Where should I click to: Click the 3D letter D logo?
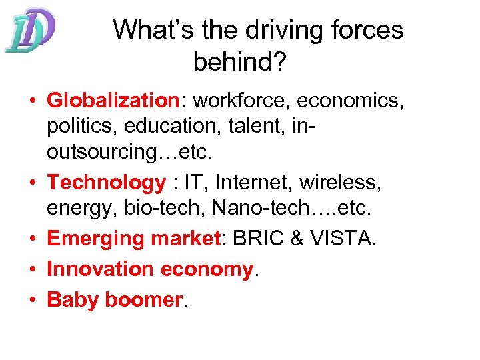click(x=29, y=31)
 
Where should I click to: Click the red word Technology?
click(x=106, y=182)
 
